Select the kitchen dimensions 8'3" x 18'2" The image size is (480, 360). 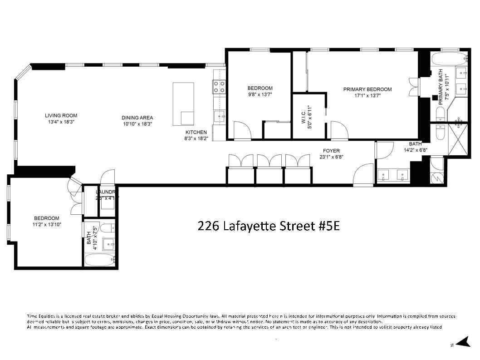[196, 139]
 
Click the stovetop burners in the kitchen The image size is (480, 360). [219, 86]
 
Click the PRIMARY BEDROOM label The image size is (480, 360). [367, 89]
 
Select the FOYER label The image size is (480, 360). [331, 151]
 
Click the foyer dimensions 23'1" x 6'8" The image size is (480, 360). [331, 158]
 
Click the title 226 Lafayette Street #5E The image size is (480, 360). [269, 226]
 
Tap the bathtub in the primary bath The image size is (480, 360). [448, 59]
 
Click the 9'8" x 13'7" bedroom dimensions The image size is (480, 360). [260, 95]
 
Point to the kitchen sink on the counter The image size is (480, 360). [220, 117]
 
